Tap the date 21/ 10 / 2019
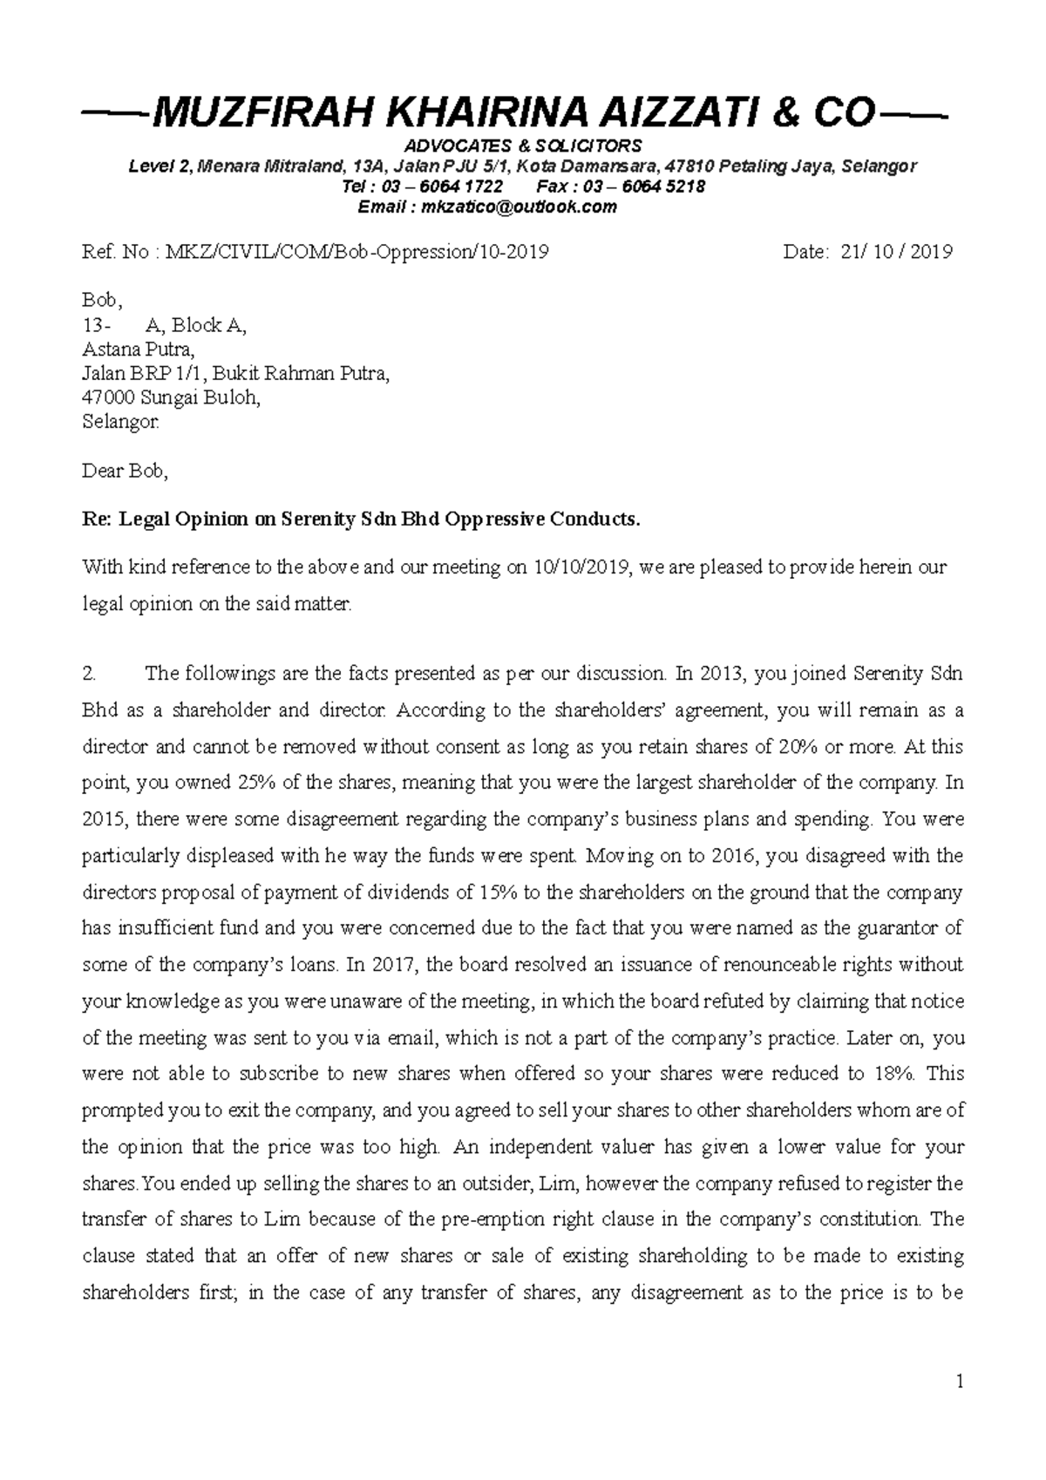[897, 252]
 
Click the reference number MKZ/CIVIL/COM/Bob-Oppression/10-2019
[357, 252]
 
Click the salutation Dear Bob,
[124, 472]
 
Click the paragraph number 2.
[88, 674]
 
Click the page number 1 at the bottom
[959, 1382]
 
